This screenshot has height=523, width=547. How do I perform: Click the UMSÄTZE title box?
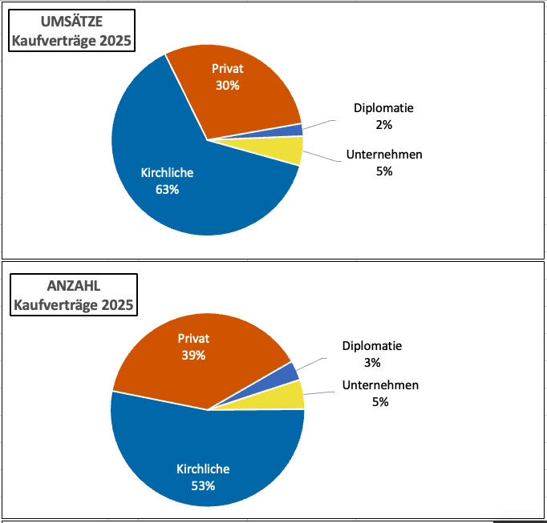point(71,30)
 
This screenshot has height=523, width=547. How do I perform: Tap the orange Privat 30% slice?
point(233,88)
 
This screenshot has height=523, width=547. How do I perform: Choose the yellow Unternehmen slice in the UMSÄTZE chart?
point(290,150)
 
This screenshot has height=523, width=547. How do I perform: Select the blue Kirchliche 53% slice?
point(201,465)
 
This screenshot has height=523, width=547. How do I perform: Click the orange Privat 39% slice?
point(201,352)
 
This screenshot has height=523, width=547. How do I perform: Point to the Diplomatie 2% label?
point(383,116)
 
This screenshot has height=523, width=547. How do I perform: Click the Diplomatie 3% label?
point(372,354)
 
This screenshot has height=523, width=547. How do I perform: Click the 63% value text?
point(167,190)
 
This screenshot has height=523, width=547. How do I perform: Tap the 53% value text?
point(203,485)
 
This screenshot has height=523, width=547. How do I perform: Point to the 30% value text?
point(228,85)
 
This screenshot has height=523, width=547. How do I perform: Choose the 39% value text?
point(193,355)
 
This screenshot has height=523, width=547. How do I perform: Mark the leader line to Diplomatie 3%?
point(311,363)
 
